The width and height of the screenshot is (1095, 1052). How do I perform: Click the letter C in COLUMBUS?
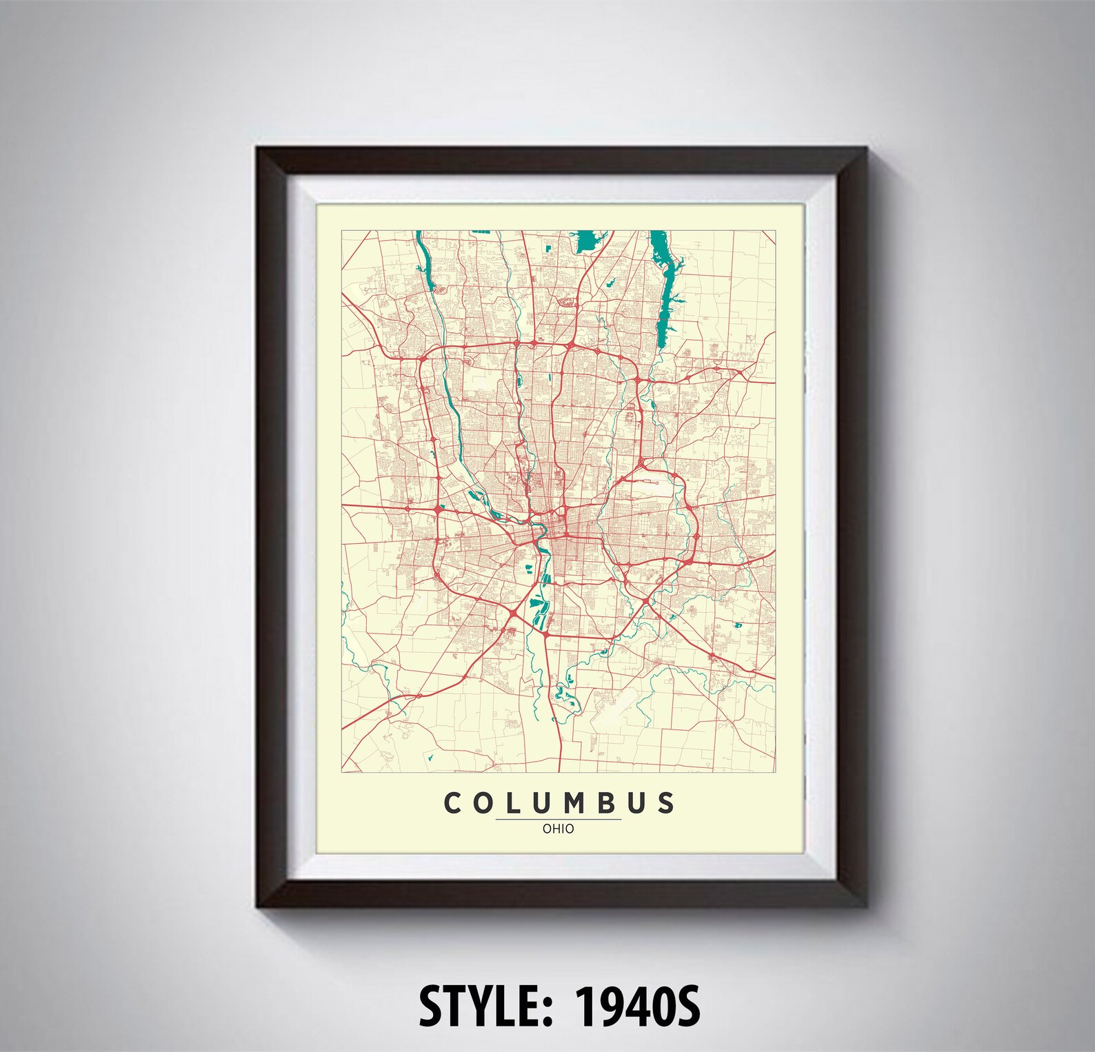click(x=452, y=803)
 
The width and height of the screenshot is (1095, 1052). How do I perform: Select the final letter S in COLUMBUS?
click(x=665, y=803)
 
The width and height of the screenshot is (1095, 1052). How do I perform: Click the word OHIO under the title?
click(x=558, y=829)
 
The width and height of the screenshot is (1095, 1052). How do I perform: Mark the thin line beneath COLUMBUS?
click(x=558, y=819)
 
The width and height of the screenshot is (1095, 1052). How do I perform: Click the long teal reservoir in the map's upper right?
click(x=665, y=290)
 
